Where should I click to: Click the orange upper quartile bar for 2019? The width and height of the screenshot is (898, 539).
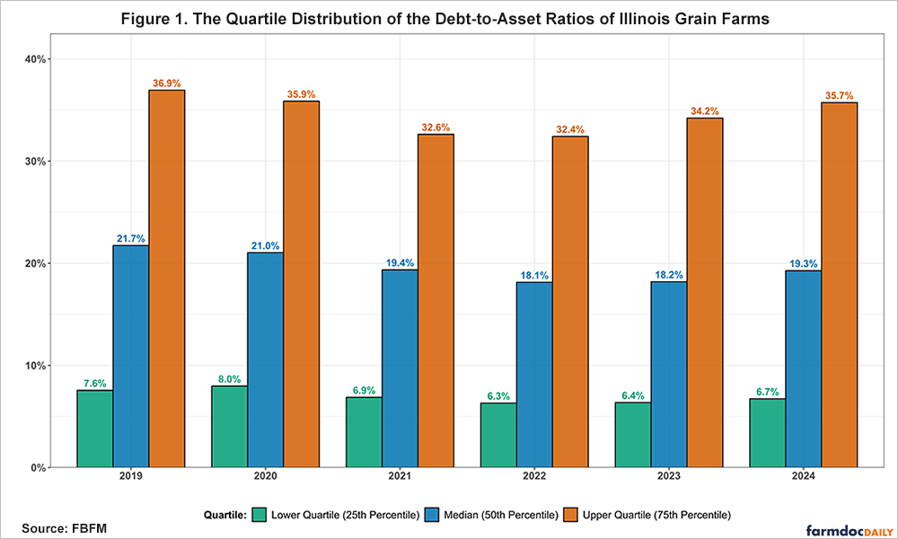point(167,278)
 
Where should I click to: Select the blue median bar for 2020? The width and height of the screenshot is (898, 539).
point(265,359)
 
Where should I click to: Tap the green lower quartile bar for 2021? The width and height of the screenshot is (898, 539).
point(364,432)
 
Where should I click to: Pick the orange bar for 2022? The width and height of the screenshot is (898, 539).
point(570,302)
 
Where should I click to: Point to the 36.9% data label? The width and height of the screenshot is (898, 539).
point(167,83)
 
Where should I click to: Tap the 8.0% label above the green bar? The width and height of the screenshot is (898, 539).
point(229,378)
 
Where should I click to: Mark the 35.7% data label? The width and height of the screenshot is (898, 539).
point(840,95)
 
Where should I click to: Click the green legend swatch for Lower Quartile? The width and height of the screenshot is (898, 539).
point(260,515)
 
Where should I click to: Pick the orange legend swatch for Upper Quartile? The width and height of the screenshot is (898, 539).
point(570,515)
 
